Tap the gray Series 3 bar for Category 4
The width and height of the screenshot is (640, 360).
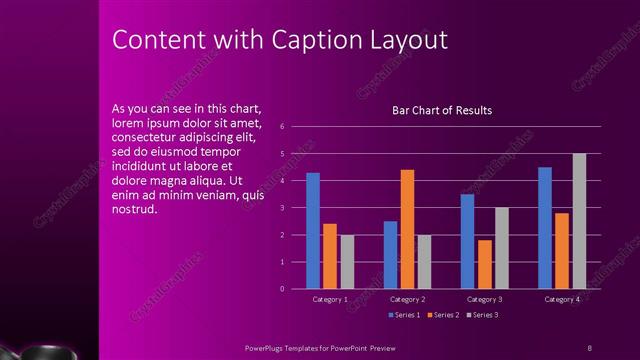(579, 221)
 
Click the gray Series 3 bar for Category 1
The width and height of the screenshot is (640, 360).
(347, 262)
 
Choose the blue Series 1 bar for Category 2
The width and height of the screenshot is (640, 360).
(390, 255)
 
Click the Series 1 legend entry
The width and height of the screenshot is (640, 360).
(404, 315)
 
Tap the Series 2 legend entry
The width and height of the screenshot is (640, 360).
(443, 315)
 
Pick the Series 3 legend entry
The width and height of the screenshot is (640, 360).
(482, 315)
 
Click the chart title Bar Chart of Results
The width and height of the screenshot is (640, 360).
(442, 110)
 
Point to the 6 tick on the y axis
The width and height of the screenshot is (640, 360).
(284, 127)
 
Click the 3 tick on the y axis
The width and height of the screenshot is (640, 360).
(284, 208)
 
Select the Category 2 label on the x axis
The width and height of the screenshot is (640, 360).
(407, 299)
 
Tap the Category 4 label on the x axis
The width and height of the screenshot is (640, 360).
(562, 299)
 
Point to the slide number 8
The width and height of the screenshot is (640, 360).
(590, 348)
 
